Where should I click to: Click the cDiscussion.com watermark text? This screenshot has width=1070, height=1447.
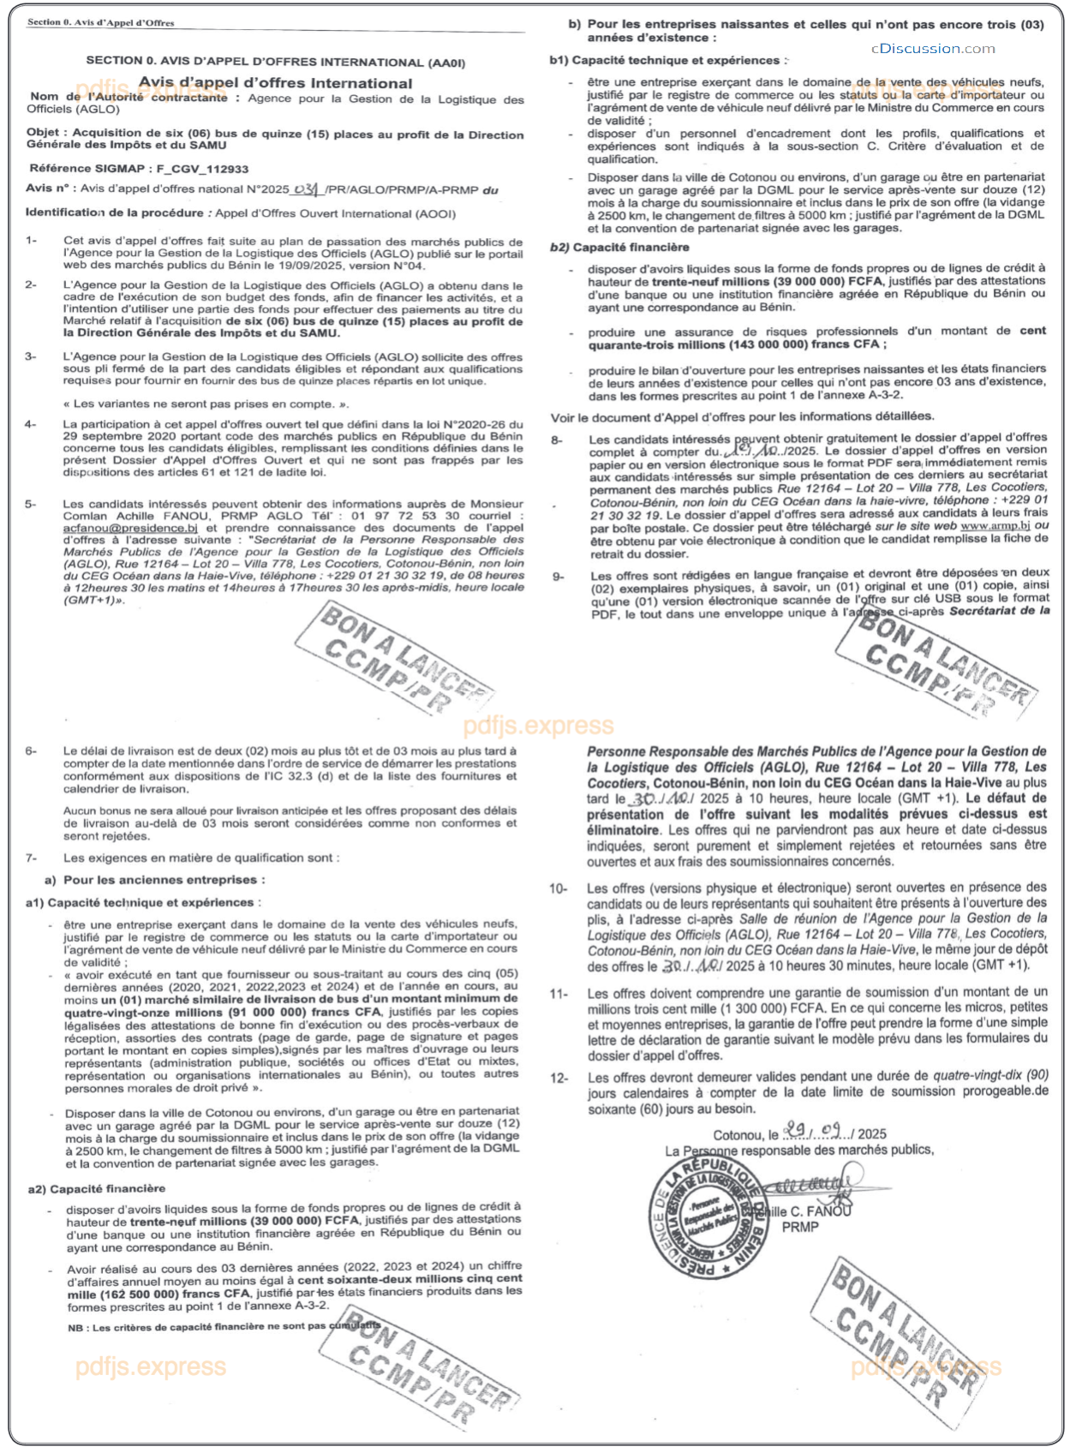pos(933,49)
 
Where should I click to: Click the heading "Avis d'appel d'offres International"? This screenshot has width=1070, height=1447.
pos(275,83)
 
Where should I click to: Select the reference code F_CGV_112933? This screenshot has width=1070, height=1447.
pos(202,169)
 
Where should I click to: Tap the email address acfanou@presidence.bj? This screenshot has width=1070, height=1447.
pos(130,528)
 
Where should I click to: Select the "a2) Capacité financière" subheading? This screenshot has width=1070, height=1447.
pos(97,1188)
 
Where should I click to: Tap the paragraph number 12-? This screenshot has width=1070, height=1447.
pos(559,1078)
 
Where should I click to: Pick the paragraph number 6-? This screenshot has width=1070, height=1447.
pos(32,751)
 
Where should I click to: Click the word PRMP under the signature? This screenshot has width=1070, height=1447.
pos(800,1227)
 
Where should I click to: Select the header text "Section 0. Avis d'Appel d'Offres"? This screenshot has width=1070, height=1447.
pos(100,22)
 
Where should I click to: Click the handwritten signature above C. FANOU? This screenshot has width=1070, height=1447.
pos(805,1187)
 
